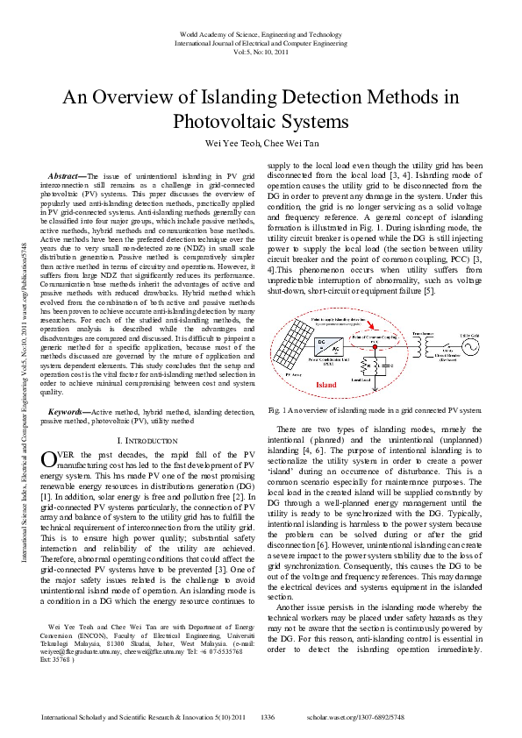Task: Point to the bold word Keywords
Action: [x=68, y=411]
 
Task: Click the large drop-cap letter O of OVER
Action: [x=50, y=459]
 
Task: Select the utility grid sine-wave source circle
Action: [x=471, y=347]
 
